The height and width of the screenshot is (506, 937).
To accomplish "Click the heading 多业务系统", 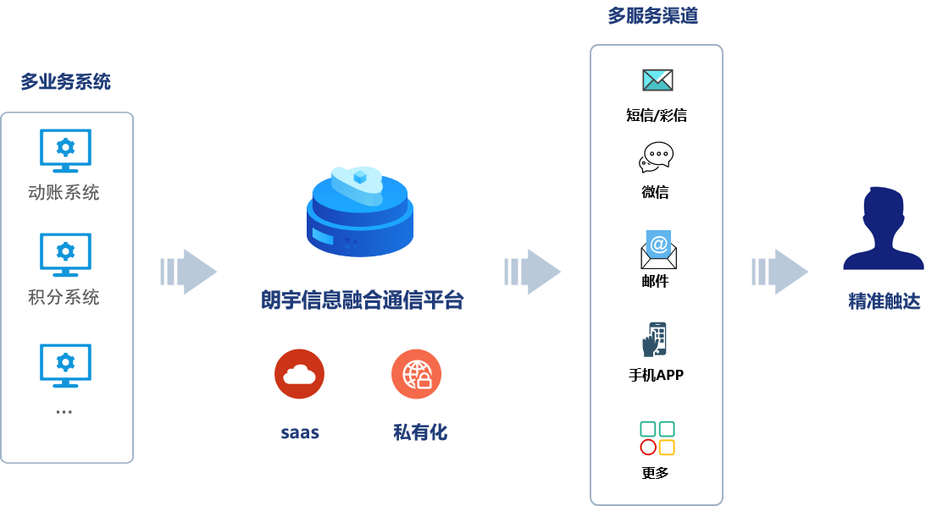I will pyautogui.click(x=65, y=83).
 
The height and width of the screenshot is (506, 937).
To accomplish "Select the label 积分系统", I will pyautogui.click(x=64, y=298).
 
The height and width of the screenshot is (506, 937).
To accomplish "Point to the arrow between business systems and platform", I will pyautogui.click(x=187, y=272).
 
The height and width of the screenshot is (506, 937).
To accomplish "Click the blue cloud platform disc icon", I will pyautogui.click(x=360, y=212).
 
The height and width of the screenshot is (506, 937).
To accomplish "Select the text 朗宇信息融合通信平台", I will pyautogui.click(x=363, y=300).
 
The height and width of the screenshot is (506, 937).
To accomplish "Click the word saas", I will pyautogui.click(x=300, y=432).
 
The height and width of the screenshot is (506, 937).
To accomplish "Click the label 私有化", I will pyautogui.click(x=419, y=432).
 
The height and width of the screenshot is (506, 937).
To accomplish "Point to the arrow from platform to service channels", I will pyautogui.click(x=531, y=272).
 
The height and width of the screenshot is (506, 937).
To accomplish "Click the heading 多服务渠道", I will pyautogui.click(x=652, y=16).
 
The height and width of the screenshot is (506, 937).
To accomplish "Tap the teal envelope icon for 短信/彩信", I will pyautogui.click(x=657, y=80).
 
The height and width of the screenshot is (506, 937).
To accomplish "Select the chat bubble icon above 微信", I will pyautogui.click(x=657, y=158).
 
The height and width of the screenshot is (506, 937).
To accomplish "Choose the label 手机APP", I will pyautogui.click(x=656, y=374).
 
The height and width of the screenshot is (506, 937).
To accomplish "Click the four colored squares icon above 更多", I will pyautogui.click(x=657, y=438).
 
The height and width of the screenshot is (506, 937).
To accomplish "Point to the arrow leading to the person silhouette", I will pyautogui.click(x=779, y=272).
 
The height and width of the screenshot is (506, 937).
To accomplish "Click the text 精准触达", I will pyautogui.click(x=884, y=302).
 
